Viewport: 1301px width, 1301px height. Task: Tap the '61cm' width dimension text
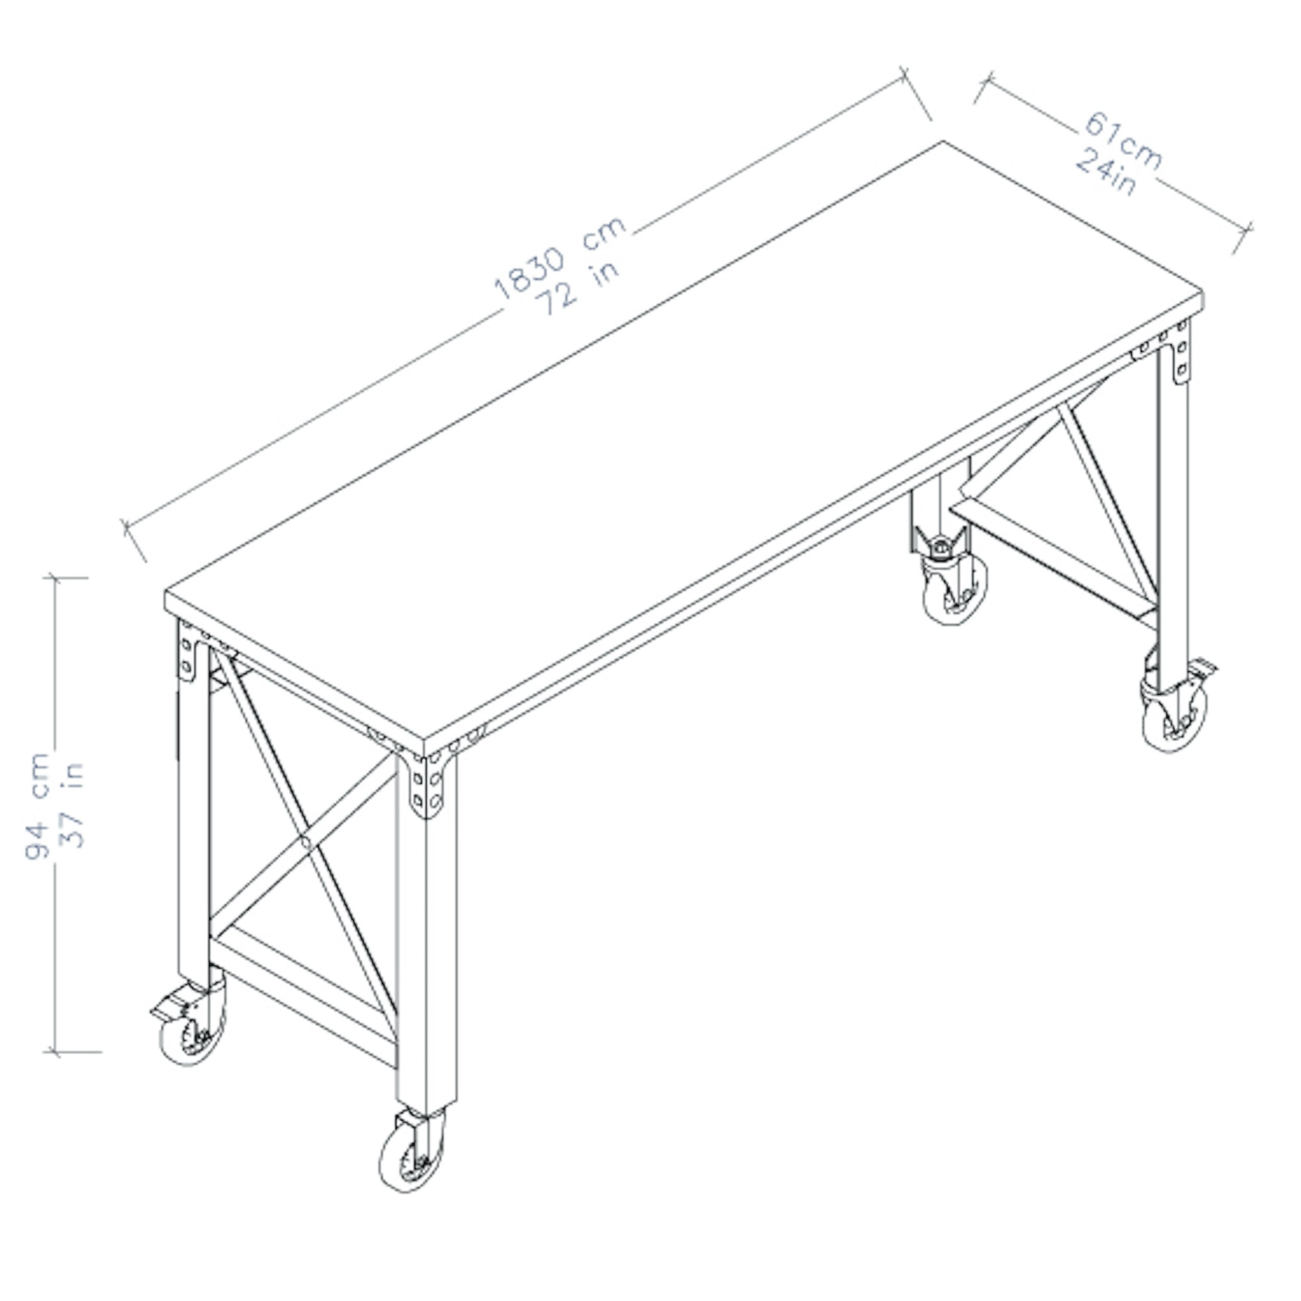click(1123, 142)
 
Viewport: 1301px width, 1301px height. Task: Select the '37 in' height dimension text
click(72, 804)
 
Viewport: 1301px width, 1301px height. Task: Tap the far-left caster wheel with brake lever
click(193, 1036)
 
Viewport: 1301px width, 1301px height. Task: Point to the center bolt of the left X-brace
click(305, 841)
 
